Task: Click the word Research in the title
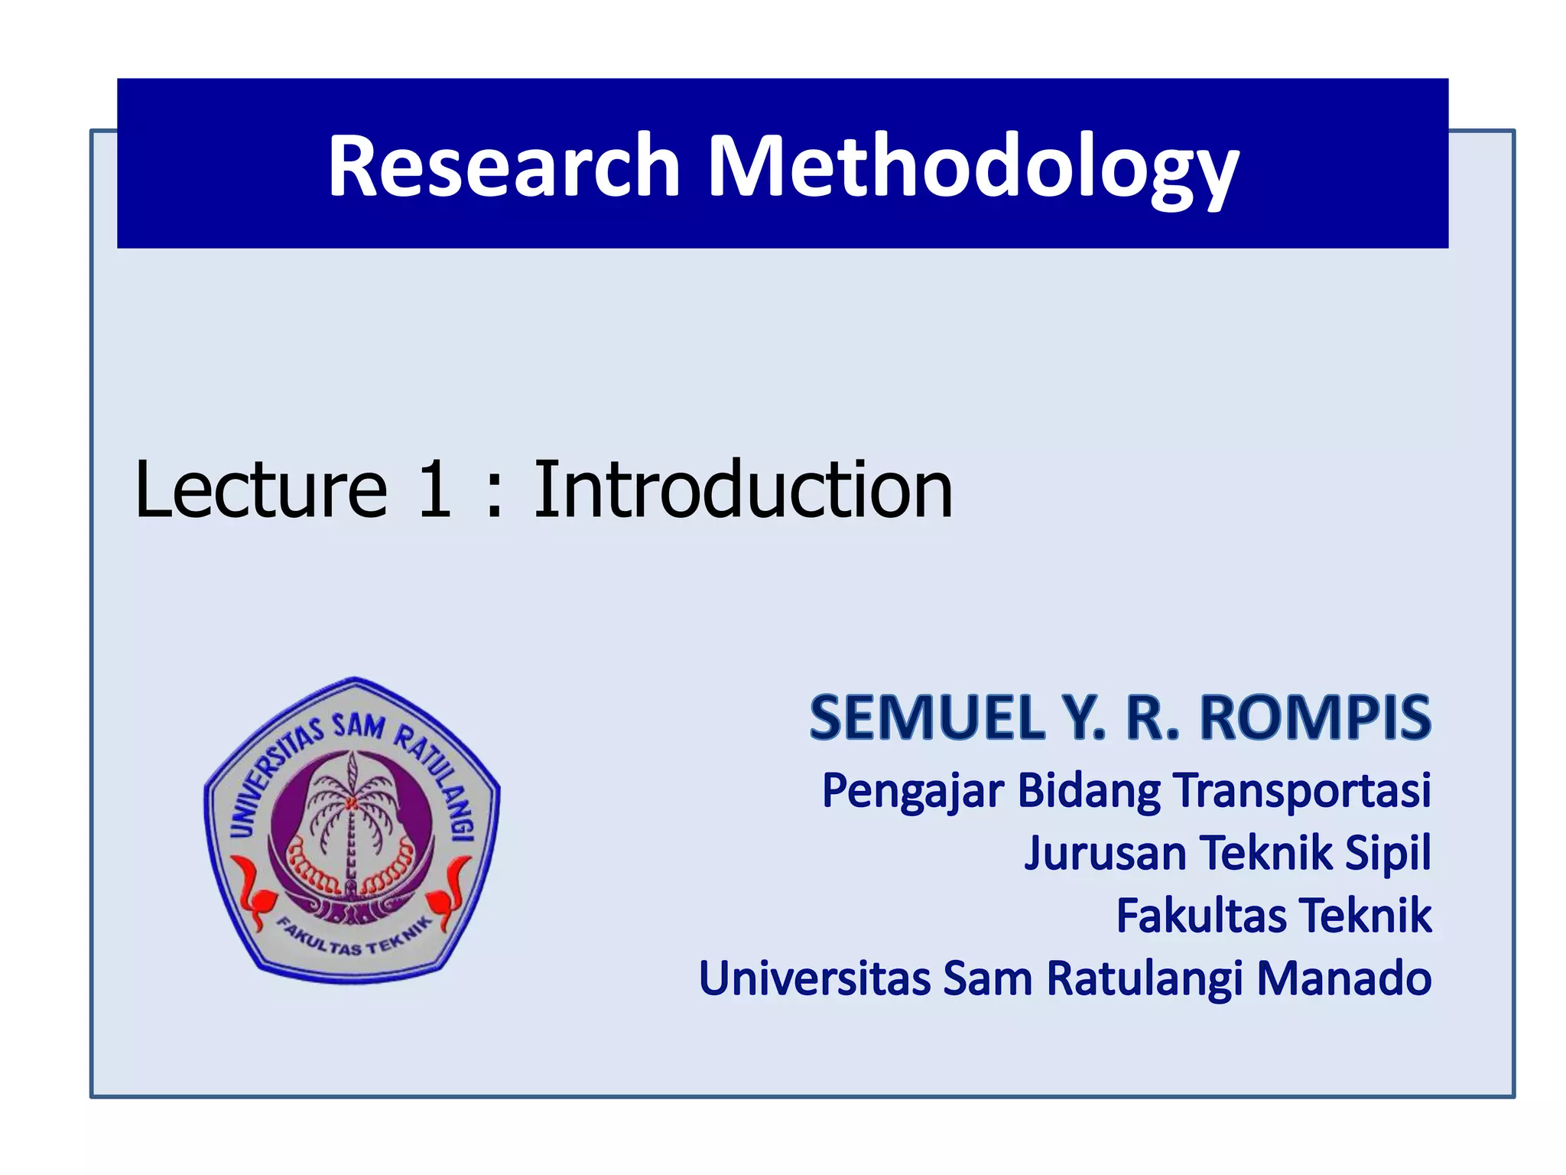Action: (504, 166)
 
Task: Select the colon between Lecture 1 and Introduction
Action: (493, 493)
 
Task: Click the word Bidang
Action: (1089, 791)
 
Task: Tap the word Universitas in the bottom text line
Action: (814, 978)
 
